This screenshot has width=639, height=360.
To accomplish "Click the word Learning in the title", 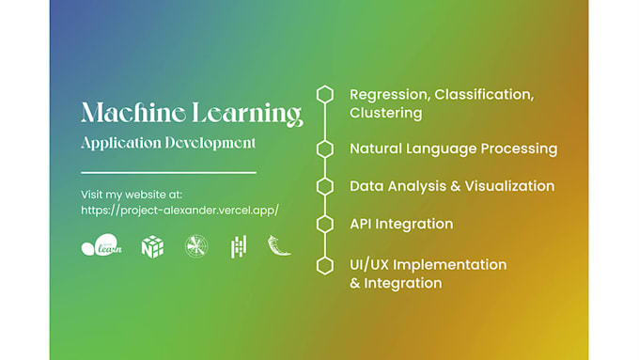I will pos(247,114).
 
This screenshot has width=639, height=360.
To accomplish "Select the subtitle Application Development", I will pos(168,143).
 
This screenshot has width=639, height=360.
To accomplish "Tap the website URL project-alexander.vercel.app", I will pos(179,211).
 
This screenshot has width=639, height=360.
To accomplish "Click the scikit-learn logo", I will pos(101,246).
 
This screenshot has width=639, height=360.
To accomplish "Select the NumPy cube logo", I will pos(152,246).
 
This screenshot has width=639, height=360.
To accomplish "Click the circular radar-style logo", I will pos(196,246).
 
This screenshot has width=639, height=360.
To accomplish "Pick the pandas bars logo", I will pos(239,246).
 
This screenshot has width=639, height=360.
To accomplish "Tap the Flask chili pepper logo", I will pos(279,245).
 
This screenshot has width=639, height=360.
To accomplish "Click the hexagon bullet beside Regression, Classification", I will pos(325,94).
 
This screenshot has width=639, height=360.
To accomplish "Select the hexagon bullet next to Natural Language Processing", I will pos(325,149).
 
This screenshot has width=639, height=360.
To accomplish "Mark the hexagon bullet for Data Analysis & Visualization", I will pos(325,186).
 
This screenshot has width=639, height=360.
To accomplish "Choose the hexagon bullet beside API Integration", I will pos(325,224).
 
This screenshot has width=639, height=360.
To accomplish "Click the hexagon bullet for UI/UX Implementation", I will pos(325,265).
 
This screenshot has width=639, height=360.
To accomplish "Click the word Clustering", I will pos(385,113).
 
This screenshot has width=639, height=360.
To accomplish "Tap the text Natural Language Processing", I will pos(453,149).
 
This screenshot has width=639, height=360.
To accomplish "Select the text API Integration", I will pos(401,224).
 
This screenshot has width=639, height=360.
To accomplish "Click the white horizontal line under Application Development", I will pos(168,173).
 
